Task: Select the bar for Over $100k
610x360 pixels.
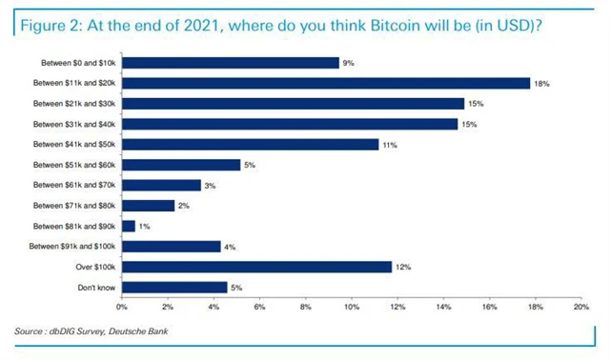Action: tap(256, 267)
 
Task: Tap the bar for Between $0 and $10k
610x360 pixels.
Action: tap(230, 63)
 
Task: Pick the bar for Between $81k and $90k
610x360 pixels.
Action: tap(128, 226)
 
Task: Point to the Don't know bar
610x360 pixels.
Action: tap(174, 287)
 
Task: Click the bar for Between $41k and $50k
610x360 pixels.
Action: tap(250, 144)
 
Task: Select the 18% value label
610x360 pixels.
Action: tap(541, 84)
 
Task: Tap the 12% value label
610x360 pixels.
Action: tap(404, 268)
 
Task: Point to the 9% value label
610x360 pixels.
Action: tap(349, 64)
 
